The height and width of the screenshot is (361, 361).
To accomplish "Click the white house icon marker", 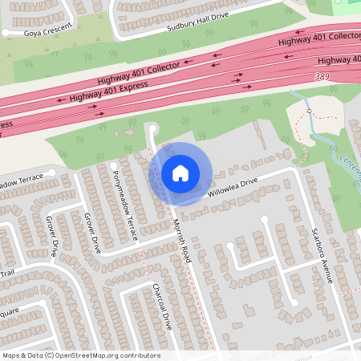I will [x=180, y=172].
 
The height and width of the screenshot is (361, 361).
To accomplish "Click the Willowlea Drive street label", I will [x=233, y=188].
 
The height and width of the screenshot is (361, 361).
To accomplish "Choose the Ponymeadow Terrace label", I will [x=126, y=205].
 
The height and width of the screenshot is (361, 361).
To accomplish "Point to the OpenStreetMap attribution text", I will [x=81, y=355].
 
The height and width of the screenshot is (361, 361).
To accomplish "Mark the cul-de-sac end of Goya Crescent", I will [x=6, y=33].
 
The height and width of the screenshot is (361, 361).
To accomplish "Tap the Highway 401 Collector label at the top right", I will [x=319, y=39].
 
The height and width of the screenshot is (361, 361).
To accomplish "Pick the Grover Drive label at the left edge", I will [x=52, y=236].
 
